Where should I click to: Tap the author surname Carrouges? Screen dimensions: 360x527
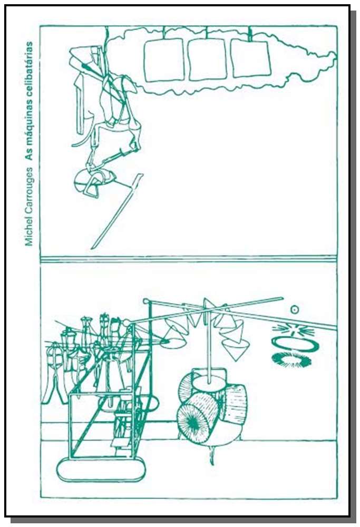coord(30,190)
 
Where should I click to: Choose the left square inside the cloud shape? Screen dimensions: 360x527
coord(164,60)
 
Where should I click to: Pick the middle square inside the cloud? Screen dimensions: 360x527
coord(207,60)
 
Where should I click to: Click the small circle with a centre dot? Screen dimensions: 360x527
coord(295,309)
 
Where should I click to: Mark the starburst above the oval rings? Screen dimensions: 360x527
coord(294,330)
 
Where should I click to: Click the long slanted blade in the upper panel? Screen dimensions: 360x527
coord(116,211)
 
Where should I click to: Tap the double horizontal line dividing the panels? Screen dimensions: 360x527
coord(189,259)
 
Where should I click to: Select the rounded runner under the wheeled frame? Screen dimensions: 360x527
coord(101,470)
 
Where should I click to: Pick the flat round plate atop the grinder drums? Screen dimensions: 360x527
coord(209,383)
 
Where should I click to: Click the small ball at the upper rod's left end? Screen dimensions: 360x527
coord(146,301)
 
